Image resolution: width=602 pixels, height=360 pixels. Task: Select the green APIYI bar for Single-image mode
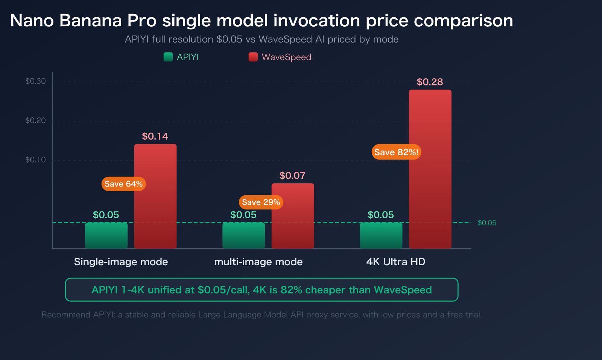point(106,235)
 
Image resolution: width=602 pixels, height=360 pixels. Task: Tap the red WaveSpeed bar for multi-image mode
point(293,222)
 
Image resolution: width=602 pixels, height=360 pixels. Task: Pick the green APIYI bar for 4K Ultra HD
point(381,235)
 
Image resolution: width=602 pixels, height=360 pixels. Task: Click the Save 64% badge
point(123,184)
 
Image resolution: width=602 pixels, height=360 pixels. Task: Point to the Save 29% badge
point(261,202)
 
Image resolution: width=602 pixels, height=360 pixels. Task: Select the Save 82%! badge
point(396,152)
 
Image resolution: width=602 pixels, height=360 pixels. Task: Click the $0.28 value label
point(430,82)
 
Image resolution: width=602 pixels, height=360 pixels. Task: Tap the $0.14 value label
point(155,136)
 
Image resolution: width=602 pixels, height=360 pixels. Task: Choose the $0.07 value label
point(292,176)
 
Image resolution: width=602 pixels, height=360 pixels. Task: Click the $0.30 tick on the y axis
point(35,81)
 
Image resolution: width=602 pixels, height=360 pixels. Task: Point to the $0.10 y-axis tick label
point(35,160)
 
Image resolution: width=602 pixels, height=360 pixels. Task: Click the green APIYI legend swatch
point(168,57)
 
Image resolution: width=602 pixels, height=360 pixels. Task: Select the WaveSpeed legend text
point(286,57)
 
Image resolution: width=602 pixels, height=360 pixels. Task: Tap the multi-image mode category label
point(258,262)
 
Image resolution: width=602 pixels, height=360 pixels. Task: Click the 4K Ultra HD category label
point(395,262)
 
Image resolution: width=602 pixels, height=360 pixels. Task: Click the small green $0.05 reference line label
point(486,223)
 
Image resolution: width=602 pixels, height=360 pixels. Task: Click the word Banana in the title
point(90,21)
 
